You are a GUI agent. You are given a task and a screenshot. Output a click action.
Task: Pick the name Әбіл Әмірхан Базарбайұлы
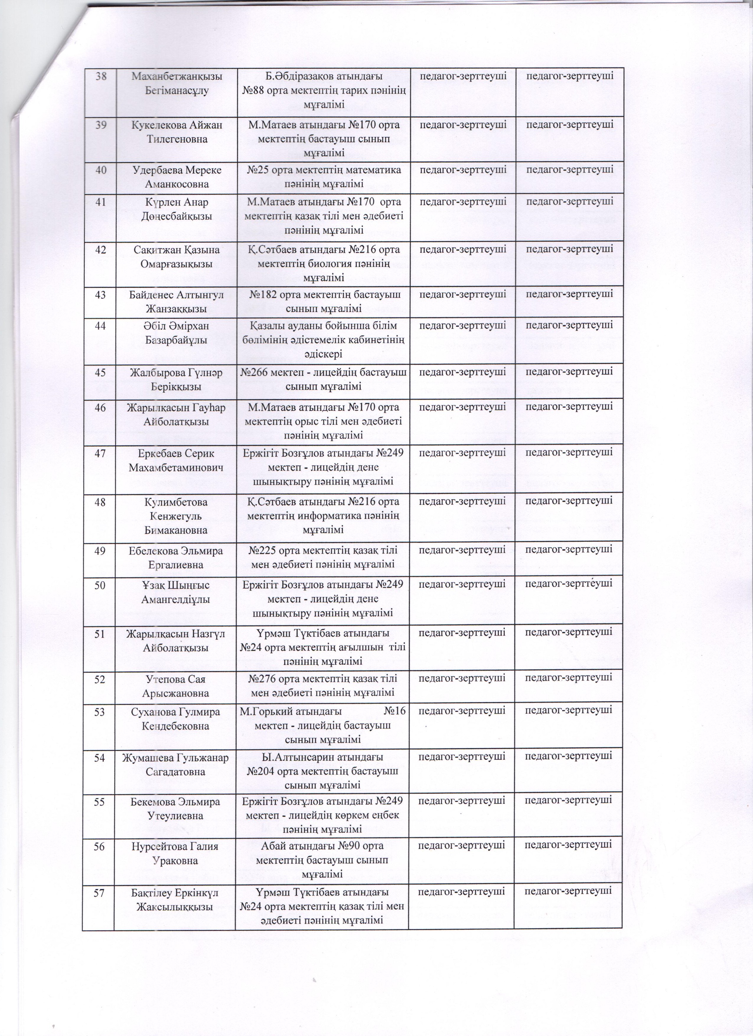pos(175,334)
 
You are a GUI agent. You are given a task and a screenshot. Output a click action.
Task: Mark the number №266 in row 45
pos(257,372)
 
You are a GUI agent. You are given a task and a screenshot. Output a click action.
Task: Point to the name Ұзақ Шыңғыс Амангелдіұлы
pos(175,591)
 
